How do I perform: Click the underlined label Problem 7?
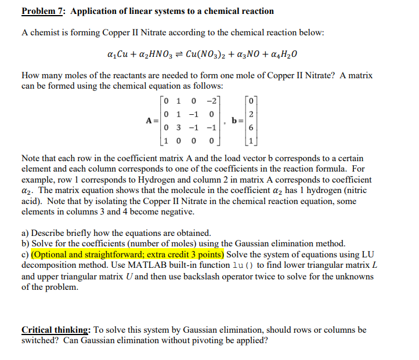[43, 11]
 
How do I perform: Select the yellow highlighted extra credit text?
[127, 254]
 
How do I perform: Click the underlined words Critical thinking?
[55, 330]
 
